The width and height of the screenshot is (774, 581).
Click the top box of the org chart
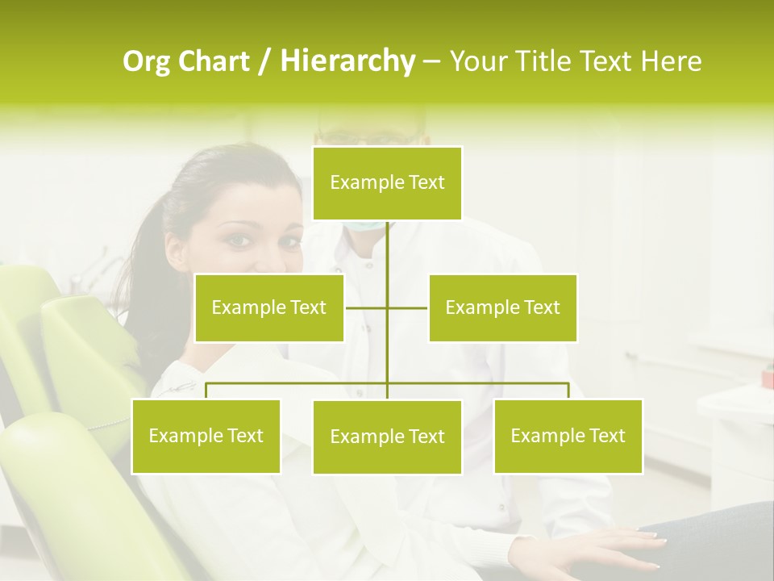click(387, 183)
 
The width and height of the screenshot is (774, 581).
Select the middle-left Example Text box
click(269, 307)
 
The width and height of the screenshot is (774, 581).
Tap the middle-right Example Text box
click(502, 307)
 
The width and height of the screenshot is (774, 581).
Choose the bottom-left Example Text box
click(206, 436)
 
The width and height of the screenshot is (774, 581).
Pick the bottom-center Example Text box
click(387, 437)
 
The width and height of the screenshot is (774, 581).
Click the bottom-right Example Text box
click(568, 436)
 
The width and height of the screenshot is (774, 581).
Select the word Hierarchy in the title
click(347, 61)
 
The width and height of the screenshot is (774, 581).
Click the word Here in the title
click(672, 61)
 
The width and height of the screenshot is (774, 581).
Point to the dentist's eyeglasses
click(371, 137)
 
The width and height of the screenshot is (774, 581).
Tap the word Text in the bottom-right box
click(606, 436)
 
